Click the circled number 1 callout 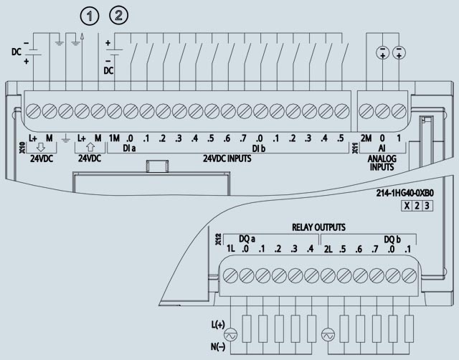[89, 15]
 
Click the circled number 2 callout [119, 15]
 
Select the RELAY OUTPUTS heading [318, 227]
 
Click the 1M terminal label [113, 138]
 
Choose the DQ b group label [393, 238]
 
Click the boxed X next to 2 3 [407, 207]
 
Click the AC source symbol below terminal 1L [231, 336]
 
